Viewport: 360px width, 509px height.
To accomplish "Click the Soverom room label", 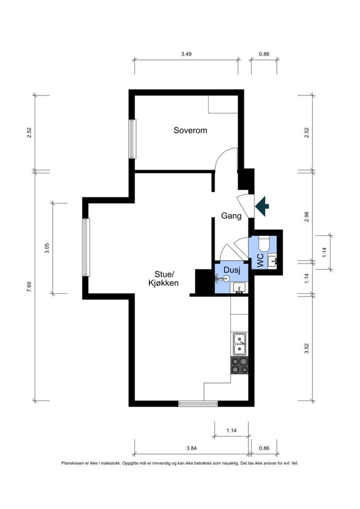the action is pyautogui.click(x=190, y=130).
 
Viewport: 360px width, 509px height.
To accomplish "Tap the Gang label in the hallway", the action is pyautogui.click(x=231, y=216).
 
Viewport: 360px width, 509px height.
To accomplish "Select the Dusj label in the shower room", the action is pyautogui.click(x=232, y=270).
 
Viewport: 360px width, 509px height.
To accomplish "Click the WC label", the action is pyautogui.click(x=260, y=260).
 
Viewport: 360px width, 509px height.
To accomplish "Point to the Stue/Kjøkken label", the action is pyautogui.click(x=163, y=279).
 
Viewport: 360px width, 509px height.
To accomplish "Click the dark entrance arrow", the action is pyautogui.click(x=262, y=206).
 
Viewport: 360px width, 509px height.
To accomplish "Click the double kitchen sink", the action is pyautogui.click(x=240, y=344).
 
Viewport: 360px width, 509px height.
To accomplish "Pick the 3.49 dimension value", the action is pyautogui.click(x=186, y=54).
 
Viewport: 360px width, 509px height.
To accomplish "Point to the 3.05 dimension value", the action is pyautogui.click(x=47, y=248).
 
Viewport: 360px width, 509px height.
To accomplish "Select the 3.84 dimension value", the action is pyautogui.click(x=191, y=448).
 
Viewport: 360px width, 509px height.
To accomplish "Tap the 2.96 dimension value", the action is pyautogui.click(x=307, y=217).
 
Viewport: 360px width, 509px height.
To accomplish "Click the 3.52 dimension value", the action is pyautogui.click(x=307, y=349).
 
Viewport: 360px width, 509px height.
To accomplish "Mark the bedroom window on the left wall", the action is pyautogui.click(x=132, y=139).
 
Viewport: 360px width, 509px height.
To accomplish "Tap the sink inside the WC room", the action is pyautogui.click(x=272, y=262).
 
